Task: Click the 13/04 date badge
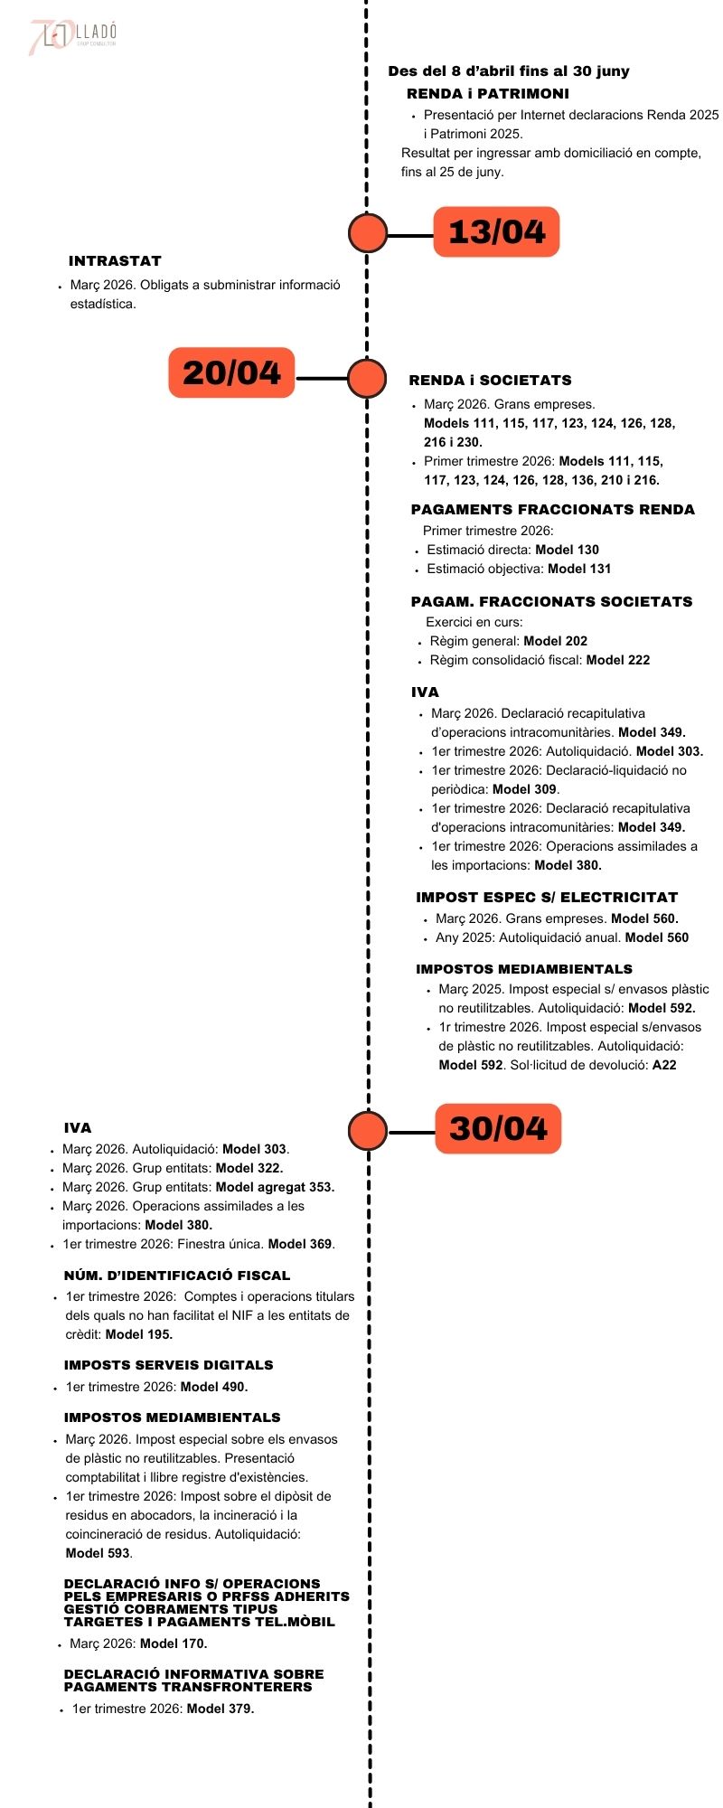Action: [x=496, y=232]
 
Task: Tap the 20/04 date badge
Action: [x=231, y=372]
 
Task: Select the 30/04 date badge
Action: [x=498, y=1128]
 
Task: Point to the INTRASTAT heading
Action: [x=115, y=261]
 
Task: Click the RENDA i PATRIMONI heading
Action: [x=488, y=94]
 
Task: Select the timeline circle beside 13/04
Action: [x=368, y=233]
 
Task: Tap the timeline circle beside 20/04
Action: [x=367, y=379]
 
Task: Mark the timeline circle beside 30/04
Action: [x=368, y=1130]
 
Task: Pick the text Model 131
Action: [x=579, y=569]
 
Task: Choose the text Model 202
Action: [x=555, y=641]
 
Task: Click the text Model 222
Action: [x=618, y=660]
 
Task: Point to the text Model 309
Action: [x=524, y=789]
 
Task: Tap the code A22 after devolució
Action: [x=664, y=1065]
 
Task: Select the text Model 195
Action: [x=138, y=1334]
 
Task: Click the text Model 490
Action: [x=214, y=1387]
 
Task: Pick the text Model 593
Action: [x=98, y=1553]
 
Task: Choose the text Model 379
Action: [x=221, y=1709]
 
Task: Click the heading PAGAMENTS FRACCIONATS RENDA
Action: [x=552, y=510]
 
